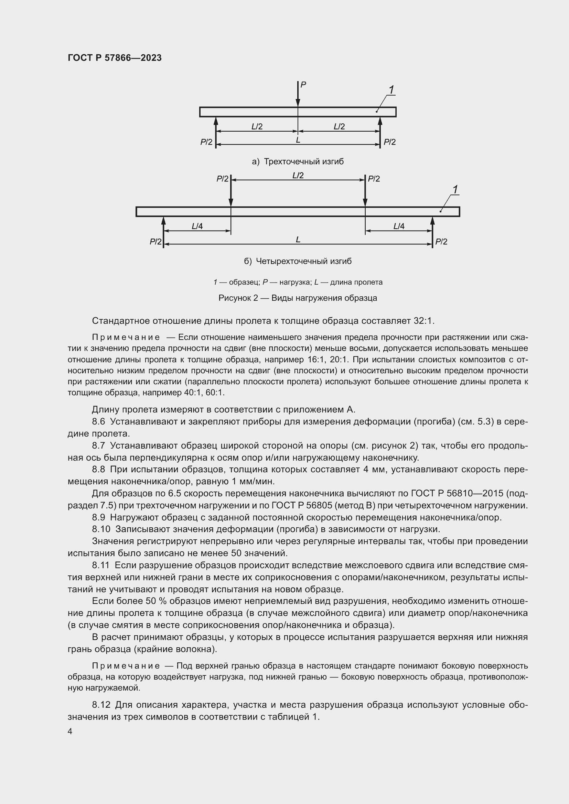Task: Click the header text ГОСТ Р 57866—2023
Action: (115, 58)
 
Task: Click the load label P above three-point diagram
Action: (303, 85)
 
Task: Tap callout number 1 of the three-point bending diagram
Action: (391, 90)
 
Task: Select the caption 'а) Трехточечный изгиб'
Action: (298, 162)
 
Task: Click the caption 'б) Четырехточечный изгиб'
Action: (298, 261)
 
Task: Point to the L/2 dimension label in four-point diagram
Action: (298, 175)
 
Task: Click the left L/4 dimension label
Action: (197, 226)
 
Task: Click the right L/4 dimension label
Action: (399, 226)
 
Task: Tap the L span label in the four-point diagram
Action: (298, 240)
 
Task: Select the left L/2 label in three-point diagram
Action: (257, 126)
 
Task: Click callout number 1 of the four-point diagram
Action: (455, 190)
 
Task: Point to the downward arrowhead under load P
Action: (298, 102)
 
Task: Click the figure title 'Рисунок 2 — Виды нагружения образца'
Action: (298, 298)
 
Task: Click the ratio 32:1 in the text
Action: (422, 321)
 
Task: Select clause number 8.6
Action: (98, 422)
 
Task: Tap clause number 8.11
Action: (100, 565)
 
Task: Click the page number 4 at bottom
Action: (70, 731)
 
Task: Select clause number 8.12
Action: (101, 705)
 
